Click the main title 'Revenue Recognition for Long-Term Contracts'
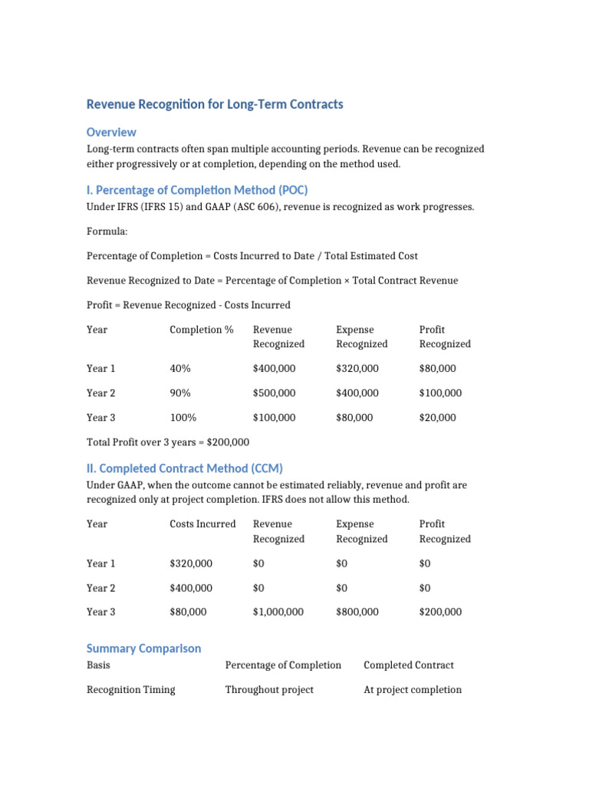(x=215, y=104)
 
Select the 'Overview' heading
(x=111, y=132)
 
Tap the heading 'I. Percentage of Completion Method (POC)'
(x=197, y=190)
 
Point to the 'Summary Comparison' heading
(x=143, y=649)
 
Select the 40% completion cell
(x=180, y=369)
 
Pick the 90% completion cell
(x=180, y=393)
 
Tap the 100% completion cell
(x=183, y=418)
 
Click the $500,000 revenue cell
(x=274, y=393)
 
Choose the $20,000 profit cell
(x=437, y=418)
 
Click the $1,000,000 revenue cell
(x=278, y=612)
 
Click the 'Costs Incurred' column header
(x=202, y=524)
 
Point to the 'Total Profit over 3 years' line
(x=167, y=442)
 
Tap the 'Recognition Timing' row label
(x=130, y=690)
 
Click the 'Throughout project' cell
(x=269, y=690)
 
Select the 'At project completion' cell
(x=413, y=690)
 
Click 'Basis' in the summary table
(x=98, y=665)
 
